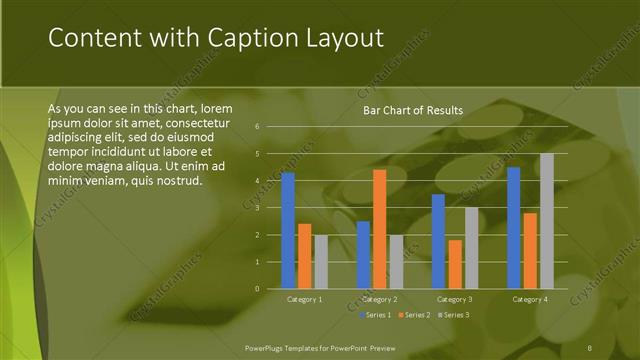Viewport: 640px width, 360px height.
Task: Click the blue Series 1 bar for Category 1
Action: coord(288,231)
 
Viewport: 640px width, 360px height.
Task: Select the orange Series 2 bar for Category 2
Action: coord(379,229)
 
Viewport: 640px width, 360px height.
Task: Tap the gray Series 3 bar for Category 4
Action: coord(546,221)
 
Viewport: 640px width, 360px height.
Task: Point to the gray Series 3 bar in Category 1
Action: coord(320,262)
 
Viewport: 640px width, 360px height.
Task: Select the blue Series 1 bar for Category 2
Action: coord(363,255)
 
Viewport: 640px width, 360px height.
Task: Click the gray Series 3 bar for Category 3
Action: coord(471,248)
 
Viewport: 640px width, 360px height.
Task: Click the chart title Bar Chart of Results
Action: coord(412,110)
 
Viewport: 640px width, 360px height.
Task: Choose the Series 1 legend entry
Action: coord(375,315)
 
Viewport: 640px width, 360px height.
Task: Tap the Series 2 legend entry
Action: coord(413,315)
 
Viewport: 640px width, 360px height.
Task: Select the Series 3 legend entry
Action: coord(452,315)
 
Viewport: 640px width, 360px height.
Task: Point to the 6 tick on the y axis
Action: coord(257,127)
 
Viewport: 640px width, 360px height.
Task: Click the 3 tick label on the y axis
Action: coord(257,208)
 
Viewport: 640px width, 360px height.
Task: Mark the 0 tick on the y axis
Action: coord(257,289)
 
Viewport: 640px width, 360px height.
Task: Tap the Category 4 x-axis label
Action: coord(530,299)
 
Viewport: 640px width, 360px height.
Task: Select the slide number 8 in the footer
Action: coord(590,346)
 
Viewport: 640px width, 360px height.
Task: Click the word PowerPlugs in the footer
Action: coord(267,346)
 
